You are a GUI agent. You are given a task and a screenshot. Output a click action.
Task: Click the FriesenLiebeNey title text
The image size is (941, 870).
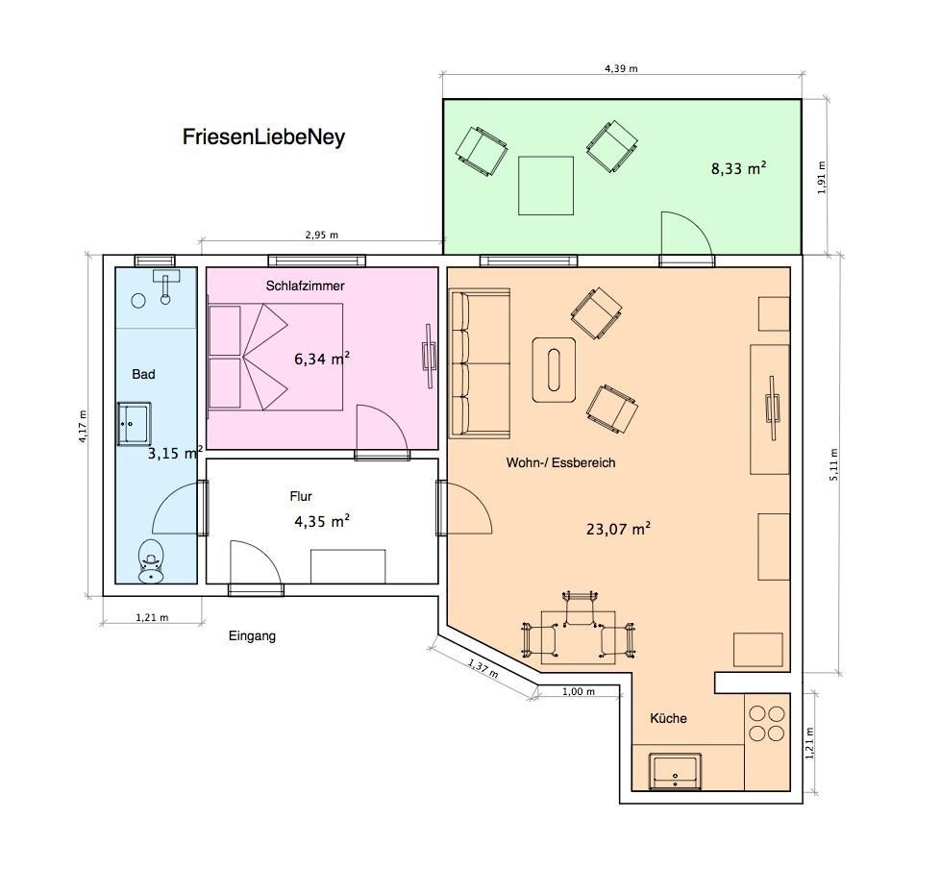(263, 137)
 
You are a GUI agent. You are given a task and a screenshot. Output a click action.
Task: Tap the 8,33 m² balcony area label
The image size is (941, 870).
(738, 168)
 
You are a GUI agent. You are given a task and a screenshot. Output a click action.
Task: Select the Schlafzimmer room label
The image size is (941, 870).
(305, 286)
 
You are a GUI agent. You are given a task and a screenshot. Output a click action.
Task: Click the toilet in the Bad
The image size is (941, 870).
(151, 560)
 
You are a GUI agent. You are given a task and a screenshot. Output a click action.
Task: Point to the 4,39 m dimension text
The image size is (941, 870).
(621, 68)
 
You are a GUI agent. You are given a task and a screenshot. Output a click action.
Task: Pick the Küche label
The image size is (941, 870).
(668, 718)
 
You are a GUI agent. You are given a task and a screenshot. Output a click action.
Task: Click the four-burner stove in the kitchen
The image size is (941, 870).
(767, 724)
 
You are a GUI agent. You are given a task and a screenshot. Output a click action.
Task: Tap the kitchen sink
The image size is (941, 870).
(675, 771)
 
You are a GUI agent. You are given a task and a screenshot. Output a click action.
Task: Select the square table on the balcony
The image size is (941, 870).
(546, 186)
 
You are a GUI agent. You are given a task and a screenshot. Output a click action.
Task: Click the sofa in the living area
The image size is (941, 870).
(480, 362)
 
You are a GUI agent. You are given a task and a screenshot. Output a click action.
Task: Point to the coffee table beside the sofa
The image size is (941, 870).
(554, 370)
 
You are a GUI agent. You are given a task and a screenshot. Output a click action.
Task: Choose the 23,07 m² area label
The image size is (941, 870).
(618, 529)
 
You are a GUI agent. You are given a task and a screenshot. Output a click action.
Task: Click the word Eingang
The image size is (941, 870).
(252, 635)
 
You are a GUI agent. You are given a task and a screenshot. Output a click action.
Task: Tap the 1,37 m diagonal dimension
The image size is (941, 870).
(483, 668)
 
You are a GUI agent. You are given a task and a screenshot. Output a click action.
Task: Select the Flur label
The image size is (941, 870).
(301, 497)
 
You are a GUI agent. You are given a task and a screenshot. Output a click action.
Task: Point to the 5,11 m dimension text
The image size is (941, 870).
(834, 464)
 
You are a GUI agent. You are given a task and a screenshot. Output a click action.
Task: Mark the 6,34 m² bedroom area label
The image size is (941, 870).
(322, 359)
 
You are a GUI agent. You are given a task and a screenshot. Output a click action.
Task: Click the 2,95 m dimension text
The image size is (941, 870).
(322, 235)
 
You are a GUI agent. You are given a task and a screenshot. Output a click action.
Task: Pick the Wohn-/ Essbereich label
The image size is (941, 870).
(560, 463)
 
